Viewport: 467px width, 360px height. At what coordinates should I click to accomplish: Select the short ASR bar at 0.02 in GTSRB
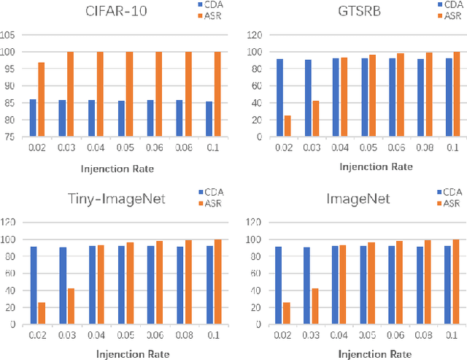[x=287, y=126]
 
